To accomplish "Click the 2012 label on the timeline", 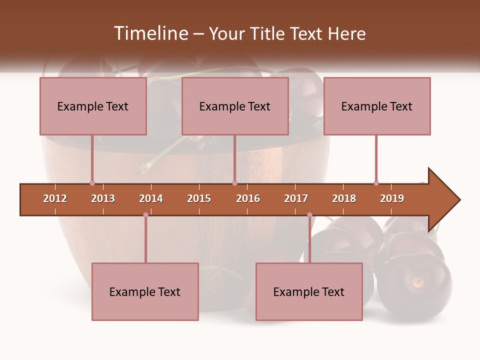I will [55, 198].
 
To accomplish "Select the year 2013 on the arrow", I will [103, 198].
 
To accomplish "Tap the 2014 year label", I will [151, 198].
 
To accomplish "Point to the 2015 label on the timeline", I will [199, 198].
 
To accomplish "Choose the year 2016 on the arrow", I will [248, 198].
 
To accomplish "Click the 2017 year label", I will [296, 198].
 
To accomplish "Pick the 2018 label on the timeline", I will [344, 198].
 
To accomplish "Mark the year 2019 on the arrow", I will [392, 198].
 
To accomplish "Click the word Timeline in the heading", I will [150, 33].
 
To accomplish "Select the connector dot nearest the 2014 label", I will [145, 215].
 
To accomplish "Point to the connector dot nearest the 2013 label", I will [92, 183].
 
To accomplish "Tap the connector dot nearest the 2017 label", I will [309, 215].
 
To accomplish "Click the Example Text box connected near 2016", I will [235, 106].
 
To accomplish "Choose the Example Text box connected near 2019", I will [377, 106].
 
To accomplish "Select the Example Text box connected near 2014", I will [145, 291].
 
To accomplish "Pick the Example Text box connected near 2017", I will [309, 291].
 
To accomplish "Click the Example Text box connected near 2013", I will [93, 106].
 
